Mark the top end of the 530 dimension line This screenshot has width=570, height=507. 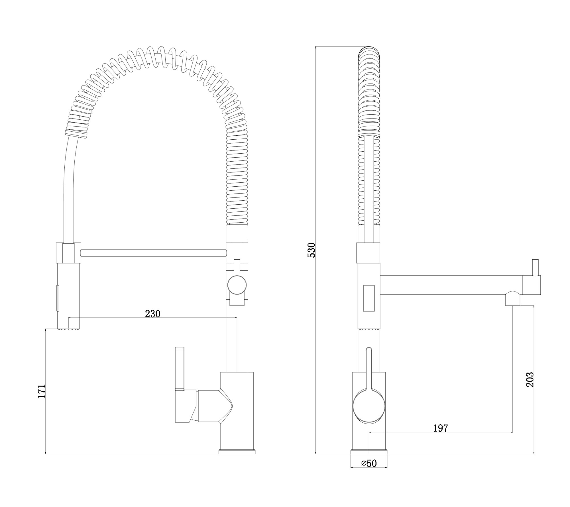pyautogui.click(x=315, y=46)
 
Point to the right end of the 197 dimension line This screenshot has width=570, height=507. pyautogui.click(x=513, y=432)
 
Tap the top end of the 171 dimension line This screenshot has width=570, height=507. pyautogui.click(x=46, y=329)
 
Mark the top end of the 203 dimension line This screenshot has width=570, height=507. pyautogui.click(x=534, y=306)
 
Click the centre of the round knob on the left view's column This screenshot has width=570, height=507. pyautogui.click(x=237, y=285)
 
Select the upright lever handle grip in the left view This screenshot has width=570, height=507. pyautogui.click(x=180, y=368)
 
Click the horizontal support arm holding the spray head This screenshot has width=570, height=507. pyautogui.click(x=153, y=253)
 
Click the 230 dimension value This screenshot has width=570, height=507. pyautogui.click(x=153, y=314)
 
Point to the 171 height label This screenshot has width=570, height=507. pyautogui.click(x=42, y=392)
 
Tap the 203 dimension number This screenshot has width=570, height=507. pyautogui.click(x=530, y=380)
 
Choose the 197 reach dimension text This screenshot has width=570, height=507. pyautogui.click(x=441, y=428)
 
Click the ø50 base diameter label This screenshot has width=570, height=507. pyautogui.click(x=369, y=472)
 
